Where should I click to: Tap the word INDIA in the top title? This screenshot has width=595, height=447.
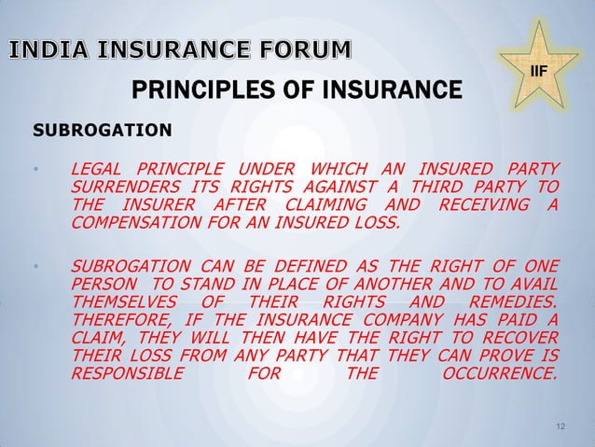pos(48,49)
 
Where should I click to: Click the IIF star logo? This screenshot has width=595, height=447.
pos(538,66)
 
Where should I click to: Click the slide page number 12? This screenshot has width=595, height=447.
pos(560,426)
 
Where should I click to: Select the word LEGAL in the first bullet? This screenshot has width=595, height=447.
pos(97,169)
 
